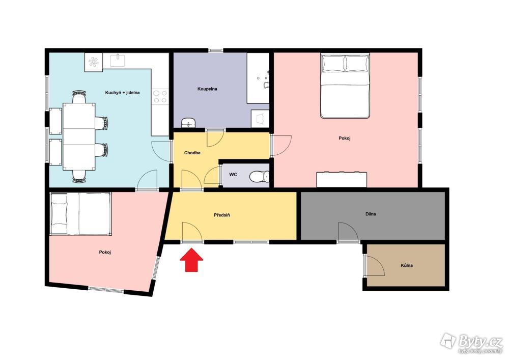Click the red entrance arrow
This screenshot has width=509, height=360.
click(191, 260)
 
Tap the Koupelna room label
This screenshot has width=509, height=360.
click(207, 89)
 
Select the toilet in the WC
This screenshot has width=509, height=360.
click(260, 177)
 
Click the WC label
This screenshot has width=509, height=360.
click(233, 175)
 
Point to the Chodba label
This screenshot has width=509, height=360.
click(192, 153)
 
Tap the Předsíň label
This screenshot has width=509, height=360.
click(222, 215)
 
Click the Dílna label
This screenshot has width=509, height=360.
click(371, 214)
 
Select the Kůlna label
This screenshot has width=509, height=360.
click(407, 265)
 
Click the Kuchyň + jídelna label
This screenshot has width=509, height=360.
click(122, 93)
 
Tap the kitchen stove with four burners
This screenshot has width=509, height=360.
click(160, 96)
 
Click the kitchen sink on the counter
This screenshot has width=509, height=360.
click(118, 61)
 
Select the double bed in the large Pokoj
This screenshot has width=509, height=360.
click(345, 86)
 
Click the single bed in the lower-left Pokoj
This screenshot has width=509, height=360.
click(81, 213)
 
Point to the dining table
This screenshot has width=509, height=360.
click(79, 136)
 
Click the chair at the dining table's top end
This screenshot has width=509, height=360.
click(79, 97)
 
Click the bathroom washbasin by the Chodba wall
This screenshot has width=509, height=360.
click(188, 123)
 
